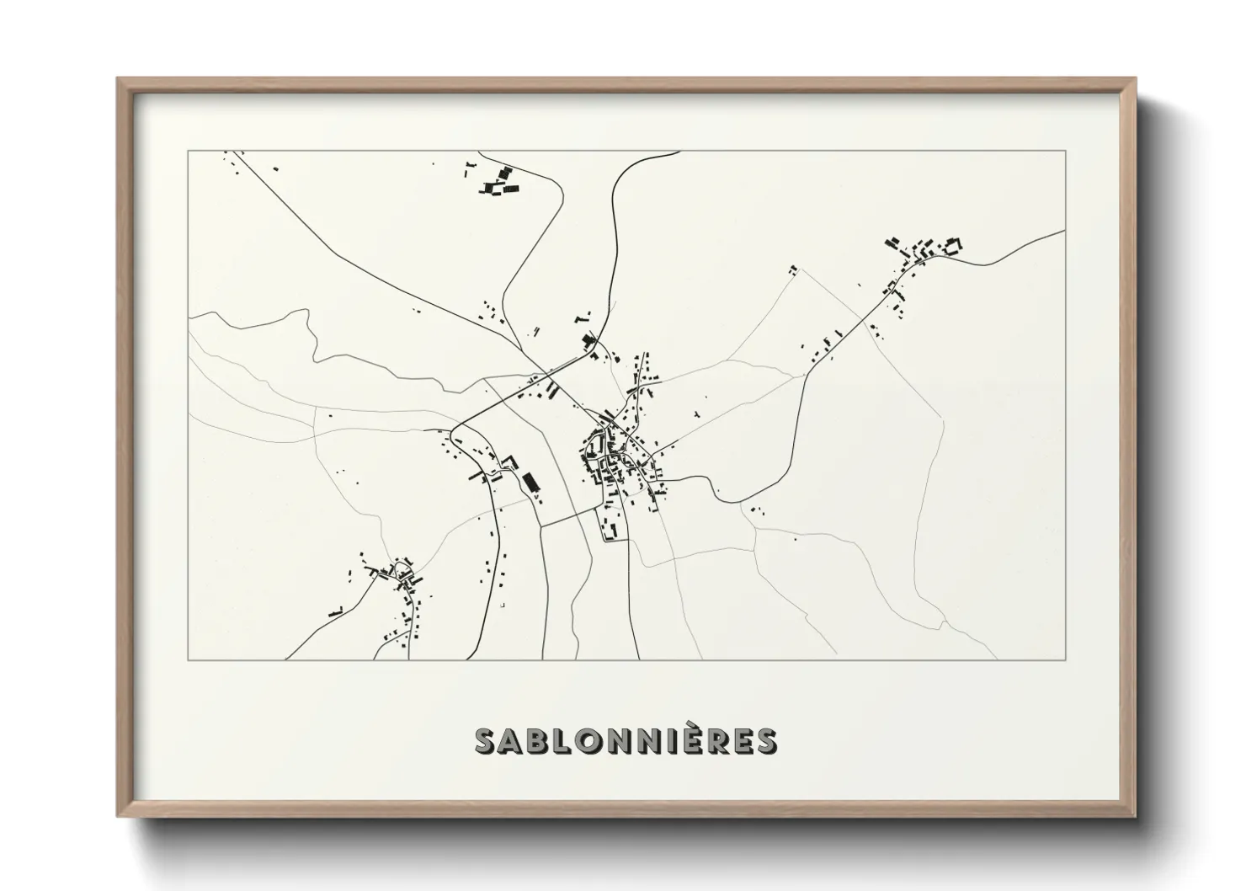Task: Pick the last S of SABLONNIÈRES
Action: (764, 741)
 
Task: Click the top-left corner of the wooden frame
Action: (118, 79)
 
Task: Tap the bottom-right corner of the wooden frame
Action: (1134, 815)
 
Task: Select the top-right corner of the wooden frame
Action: (1134, 79)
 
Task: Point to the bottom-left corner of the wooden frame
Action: (118, 815)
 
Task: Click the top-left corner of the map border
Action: (189, 152)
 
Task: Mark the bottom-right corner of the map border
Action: (1066, 659)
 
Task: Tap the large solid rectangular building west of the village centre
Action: (530, 483)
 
